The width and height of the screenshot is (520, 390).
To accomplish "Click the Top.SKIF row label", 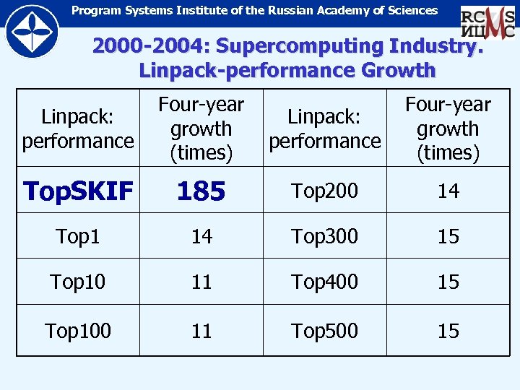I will click(78, 191).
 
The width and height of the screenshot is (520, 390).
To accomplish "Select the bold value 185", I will click(201, 191).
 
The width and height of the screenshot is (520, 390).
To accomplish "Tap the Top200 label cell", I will click(324, 191).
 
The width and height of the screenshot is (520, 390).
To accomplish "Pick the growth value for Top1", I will click(201, 236).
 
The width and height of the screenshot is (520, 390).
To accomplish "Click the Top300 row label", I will click(324, 236).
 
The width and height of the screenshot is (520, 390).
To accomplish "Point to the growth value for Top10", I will click(201, 282).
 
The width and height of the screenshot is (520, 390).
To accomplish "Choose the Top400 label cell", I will click(324, 282).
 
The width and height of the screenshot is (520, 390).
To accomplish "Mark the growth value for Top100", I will click(201, 331).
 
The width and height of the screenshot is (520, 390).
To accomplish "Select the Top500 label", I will click(324, 331).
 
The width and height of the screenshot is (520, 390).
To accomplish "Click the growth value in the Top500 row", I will click(448, 331).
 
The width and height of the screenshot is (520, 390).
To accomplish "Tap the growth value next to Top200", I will click(448, 191).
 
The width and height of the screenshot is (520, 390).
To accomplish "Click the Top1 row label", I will click(78, 236).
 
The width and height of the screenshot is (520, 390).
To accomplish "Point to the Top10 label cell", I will click(78, 282).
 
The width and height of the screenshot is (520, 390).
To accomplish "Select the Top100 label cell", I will click(78, 331).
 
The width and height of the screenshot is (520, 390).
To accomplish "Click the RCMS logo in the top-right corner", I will click(487, 23).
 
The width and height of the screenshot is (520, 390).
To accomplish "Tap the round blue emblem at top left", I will click(32, 32).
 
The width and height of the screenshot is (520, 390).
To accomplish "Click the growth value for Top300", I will click(448, 236).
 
